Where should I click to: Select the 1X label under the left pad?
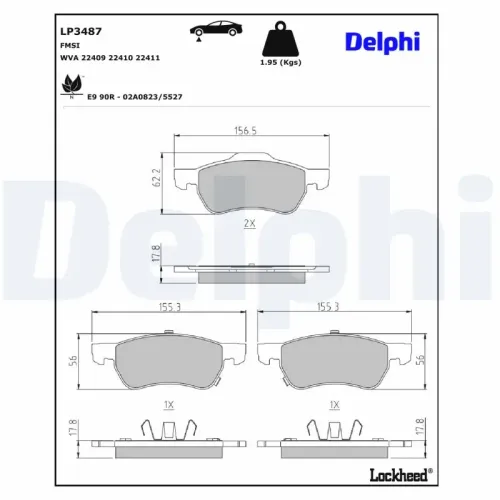[x=169, y=404]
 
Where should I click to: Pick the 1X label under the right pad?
[x=333, y=404]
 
